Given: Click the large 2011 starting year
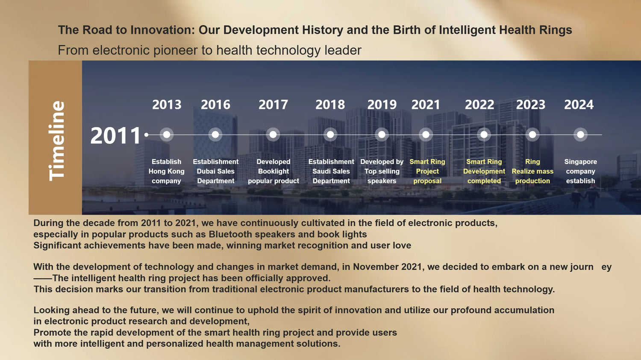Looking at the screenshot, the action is click(x=115, y=135).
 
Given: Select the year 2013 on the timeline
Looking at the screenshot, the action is click(x=167, y=105).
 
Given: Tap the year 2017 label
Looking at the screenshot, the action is click(x=273, y=105).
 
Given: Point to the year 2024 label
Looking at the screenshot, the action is click(x=579, y=105).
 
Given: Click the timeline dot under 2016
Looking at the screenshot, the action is click(x=215, y=135).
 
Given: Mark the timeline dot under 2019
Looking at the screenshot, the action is click(x=382, y=135).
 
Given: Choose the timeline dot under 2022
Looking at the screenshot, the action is click(x=484, y=135).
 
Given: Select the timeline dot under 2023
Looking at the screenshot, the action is click(x=532, y=135).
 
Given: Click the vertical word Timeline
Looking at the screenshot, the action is click(x=57, y=140).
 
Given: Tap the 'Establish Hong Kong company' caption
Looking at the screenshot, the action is click(x=166, y=171).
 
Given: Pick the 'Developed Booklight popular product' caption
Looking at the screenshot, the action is click(x=273, y=171).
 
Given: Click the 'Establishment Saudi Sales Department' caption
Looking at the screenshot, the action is click(x=331, y=171).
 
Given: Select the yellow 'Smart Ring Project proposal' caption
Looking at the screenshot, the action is click(x=427, y=171).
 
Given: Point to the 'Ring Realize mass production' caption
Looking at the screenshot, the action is click(x=532, y=171).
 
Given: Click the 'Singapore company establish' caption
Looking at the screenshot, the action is click(x=581, y=171).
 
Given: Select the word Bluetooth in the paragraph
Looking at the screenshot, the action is click(x=230, y=234).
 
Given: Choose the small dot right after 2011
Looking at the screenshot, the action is click(x=146, y=135).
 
